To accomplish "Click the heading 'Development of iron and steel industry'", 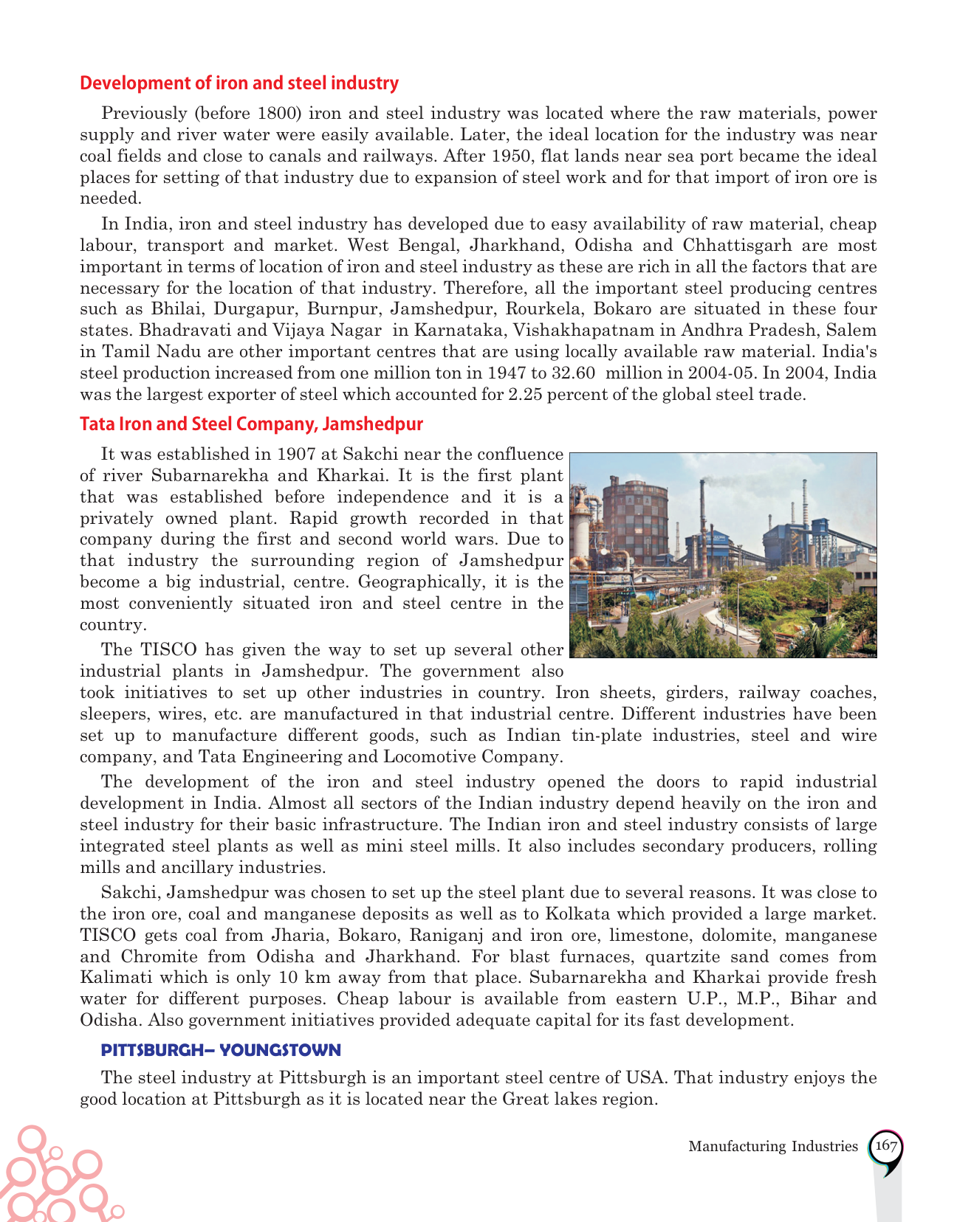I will pyautogui.click(x=239, y=83).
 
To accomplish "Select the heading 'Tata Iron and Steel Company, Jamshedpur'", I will pyautogui.click(x=251, y=424).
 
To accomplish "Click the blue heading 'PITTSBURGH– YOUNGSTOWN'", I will pyautogui.click(x=221, y=1050).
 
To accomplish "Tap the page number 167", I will pyautogui.click(x=885, y=1146).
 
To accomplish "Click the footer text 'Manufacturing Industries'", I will pyautogui.click(x=773, y=1147).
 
